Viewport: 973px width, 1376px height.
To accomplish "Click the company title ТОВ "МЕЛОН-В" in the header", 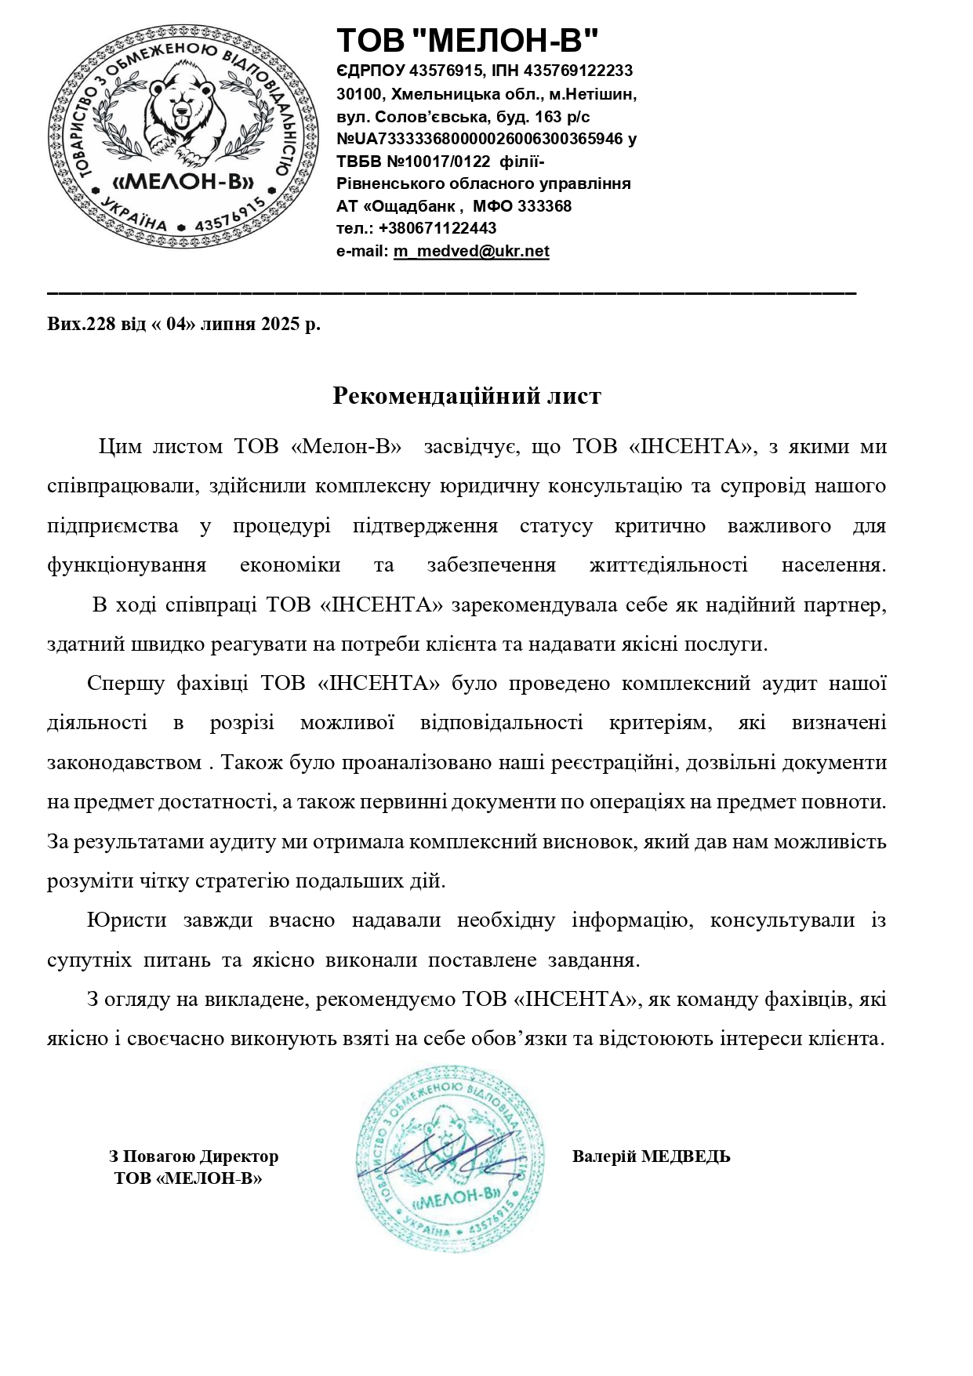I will coord(468,41).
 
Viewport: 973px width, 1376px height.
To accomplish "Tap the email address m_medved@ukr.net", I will coord(471,251).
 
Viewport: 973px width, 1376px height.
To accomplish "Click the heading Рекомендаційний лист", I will coord(467,396).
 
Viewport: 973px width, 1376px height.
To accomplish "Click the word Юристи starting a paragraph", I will coord(125,920).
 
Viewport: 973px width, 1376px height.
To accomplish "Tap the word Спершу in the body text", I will coord(125,683).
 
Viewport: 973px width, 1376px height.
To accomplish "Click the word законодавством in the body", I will coord(125,762).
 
